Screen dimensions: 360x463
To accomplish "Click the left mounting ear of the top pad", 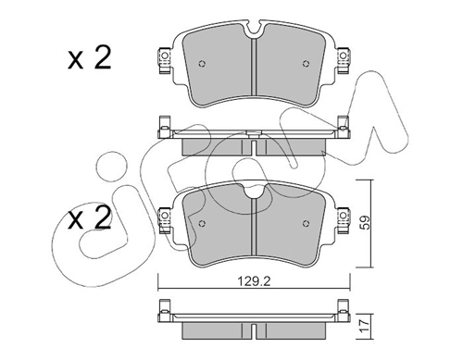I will [x=164, y=58].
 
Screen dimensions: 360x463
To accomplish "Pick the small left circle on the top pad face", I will [x=204, y=68].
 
